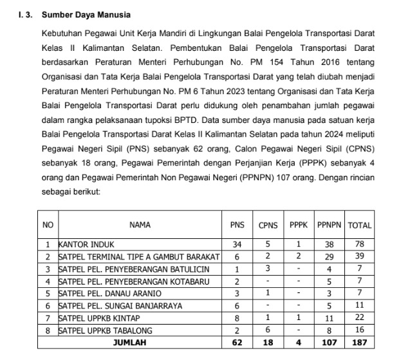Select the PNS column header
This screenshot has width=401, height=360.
237,225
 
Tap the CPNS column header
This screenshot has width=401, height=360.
268,225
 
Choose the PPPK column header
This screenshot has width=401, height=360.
298,225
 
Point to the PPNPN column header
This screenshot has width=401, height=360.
329,225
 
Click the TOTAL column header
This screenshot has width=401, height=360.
359,225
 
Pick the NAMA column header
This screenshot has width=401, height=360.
140,225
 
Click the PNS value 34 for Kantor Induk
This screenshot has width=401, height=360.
237,245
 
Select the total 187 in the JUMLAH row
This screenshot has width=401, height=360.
359,343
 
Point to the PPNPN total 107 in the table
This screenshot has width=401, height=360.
329,343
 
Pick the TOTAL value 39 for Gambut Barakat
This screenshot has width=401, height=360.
359,257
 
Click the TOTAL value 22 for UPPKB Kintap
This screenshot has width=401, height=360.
359,318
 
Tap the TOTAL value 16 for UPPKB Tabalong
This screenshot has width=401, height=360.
359,330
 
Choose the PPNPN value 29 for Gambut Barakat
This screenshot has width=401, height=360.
329,257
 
